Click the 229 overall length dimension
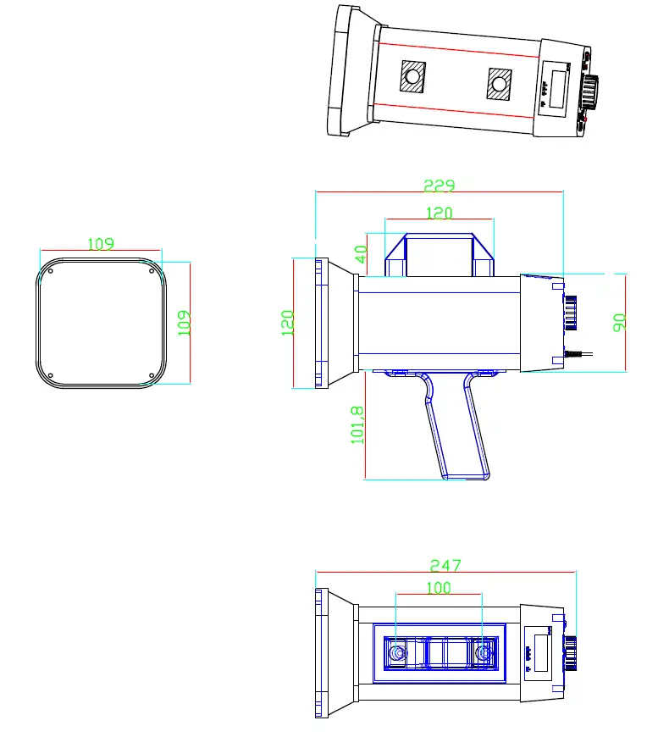pyautogui.click(x=439, y=185)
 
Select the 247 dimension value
pyautogui.click(x=445, y=564)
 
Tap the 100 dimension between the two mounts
pyautogui.click(x=439, y=587)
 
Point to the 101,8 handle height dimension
pyautogui.click(x=357, y=424)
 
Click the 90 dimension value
pyautogui.click(x=619, y=323)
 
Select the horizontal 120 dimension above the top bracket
pyautogui.click(x=439, y=213)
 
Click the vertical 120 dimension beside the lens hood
pyautogui.click(x=287, y=323)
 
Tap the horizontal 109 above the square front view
pyautogui.click(x=101, y=244)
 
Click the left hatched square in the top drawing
pyautogui.click(x=412, y=78)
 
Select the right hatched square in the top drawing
pyautogui.click(x=500, y=84)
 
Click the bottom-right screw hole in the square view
pyautogui.click(x=152, y=375)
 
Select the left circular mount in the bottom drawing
pyautogui.click(x=396, y=653)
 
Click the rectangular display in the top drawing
pyautogui.click(x=557, y=88)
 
